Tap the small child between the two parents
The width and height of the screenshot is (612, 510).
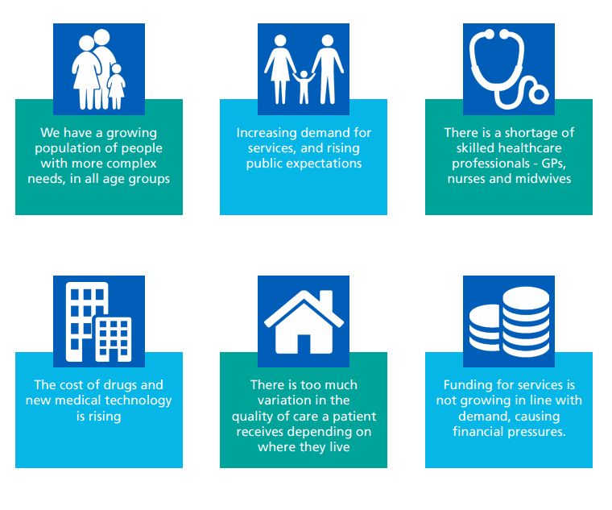click(304, 87)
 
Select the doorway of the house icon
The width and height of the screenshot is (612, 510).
click(304, 344)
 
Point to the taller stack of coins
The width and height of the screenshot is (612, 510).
click(526, 321)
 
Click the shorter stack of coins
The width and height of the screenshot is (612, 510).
click(485, 327)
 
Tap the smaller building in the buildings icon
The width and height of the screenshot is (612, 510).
click(114, 339)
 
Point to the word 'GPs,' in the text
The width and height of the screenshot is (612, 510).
click(553, 164)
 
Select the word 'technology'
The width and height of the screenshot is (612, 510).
click(139, 401)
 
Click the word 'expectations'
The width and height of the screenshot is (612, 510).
click(325, 164)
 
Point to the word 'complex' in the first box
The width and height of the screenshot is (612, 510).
click(131, 164)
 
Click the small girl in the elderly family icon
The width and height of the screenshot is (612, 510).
click(116, 87)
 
